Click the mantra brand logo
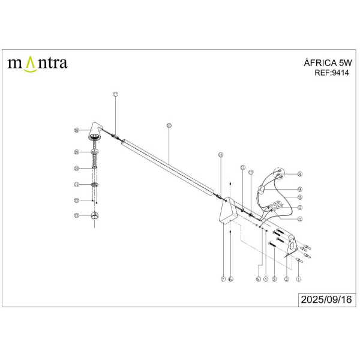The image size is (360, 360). click(37, 62)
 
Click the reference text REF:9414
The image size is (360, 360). click(331, 73)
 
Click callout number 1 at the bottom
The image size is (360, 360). click(299, 279)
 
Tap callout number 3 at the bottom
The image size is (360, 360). click(274, 279)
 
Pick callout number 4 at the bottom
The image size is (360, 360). click(265, 279)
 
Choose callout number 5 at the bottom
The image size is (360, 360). click(258, 279)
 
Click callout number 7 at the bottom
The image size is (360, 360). click(223, 279)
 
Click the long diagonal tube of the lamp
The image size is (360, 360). click(168, 166)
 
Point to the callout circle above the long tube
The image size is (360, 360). click(169, 125)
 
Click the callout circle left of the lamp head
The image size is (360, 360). click(76, 130)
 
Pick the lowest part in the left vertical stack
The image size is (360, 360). click(94, 216)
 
